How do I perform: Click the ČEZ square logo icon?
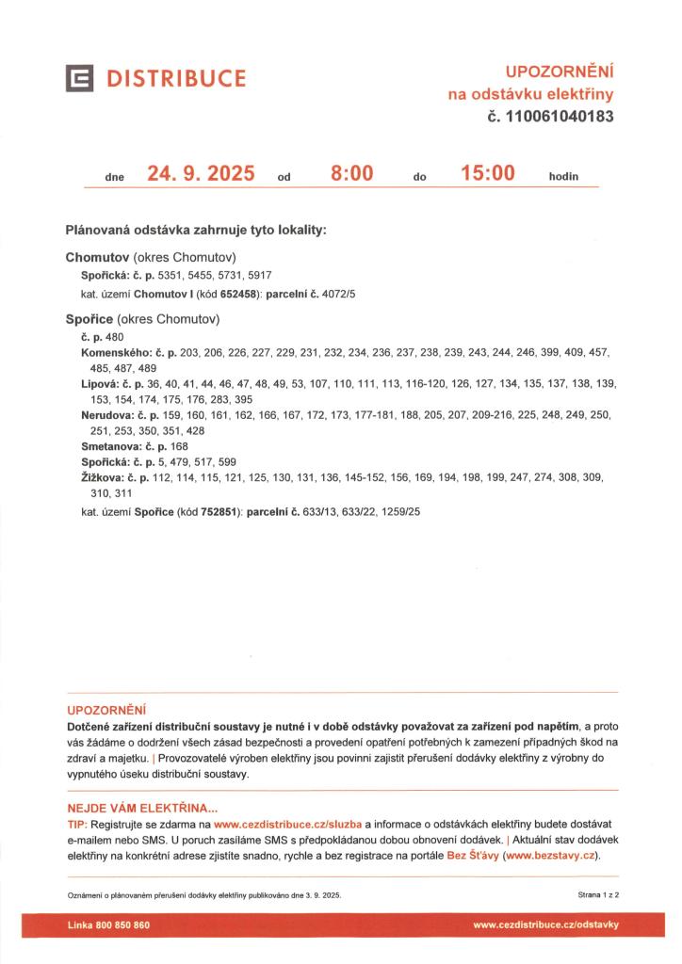(x=78, y=78)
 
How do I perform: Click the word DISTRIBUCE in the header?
(x=176, y=78)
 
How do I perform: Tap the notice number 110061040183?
(x=560, y=118)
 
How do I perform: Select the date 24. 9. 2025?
(x=201, y=173)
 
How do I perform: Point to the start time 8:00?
(x=351, y=173)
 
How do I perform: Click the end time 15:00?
(x=488, y=173)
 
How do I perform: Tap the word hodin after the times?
(x=563, y=176)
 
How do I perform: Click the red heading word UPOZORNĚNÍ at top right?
(x=560, y=71)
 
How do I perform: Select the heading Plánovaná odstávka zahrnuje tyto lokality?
(x=196, y=230)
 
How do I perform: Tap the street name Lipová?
(x=98, y=384)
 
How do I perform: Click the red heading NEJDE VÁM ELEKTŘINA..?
(x=142, y=808)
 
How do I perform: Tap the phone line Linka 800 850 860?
(x=108, y=925)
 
